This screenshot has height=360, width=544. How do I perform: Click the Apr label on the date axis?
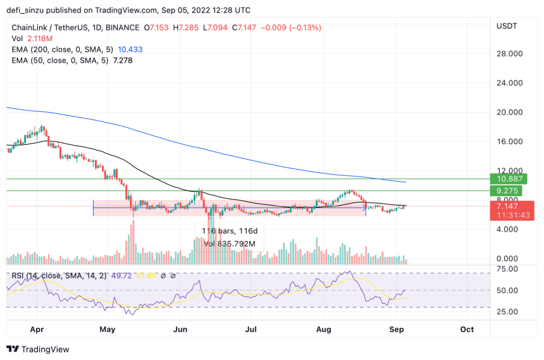point(37,330)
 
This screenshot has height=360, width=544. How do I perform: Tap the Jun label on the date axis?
point(181,330)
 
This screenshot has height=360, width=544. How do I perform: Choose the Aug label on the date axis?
point(323,330)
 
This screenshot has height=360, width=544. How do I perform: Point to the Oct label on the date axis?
point(467,330)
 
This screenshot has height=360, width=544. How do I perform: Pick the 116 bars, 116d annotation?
point(229,231)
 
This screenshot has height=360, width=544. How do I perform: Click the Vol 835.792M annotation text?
point(229,244)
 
